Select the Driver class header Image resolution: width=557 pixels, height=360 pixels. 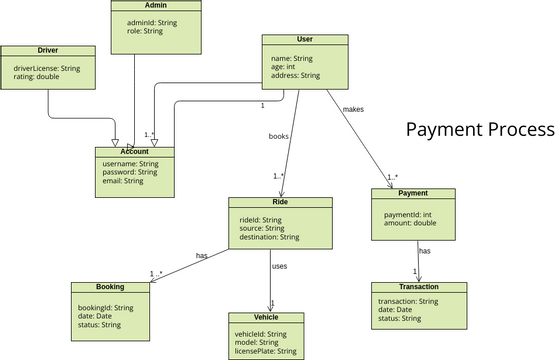[x=47, y=49]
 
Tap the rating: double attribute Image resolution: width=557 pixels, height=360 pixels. [x=36, y=78]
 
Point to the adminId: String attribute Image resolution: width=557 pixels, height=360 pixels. [x=152, y=22]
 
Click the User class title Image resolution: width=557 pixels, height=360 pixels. [x=305, y=39]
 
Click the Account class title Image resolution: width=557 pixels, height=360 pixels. [x=134, y=152]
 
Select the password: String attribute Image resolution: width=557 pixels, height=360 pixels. [x=131, y=172]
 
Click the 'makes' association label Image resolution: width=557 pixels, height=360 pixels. [x=353, y=108]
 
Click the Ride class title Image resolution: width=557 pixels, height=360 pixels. [x=280, y=202]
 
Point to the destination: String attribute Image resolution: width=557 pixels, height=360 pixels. [x=269, y=237]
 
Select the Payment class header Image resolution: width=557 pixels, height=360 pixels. [x=413, y=193]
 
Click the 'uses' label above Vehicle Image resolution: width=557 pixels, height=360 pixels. [x=279, y=267]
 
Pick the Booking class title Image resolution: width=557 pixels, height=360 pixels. [x=110, y=288]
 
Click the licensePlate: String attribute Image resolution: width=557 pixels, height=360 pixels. [x=265, y=351]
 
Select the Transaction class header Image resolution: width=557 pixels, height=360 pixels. [x=419, y=287]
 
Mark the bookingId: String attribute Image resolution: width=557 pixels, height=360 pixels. [x=106, y=307]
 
